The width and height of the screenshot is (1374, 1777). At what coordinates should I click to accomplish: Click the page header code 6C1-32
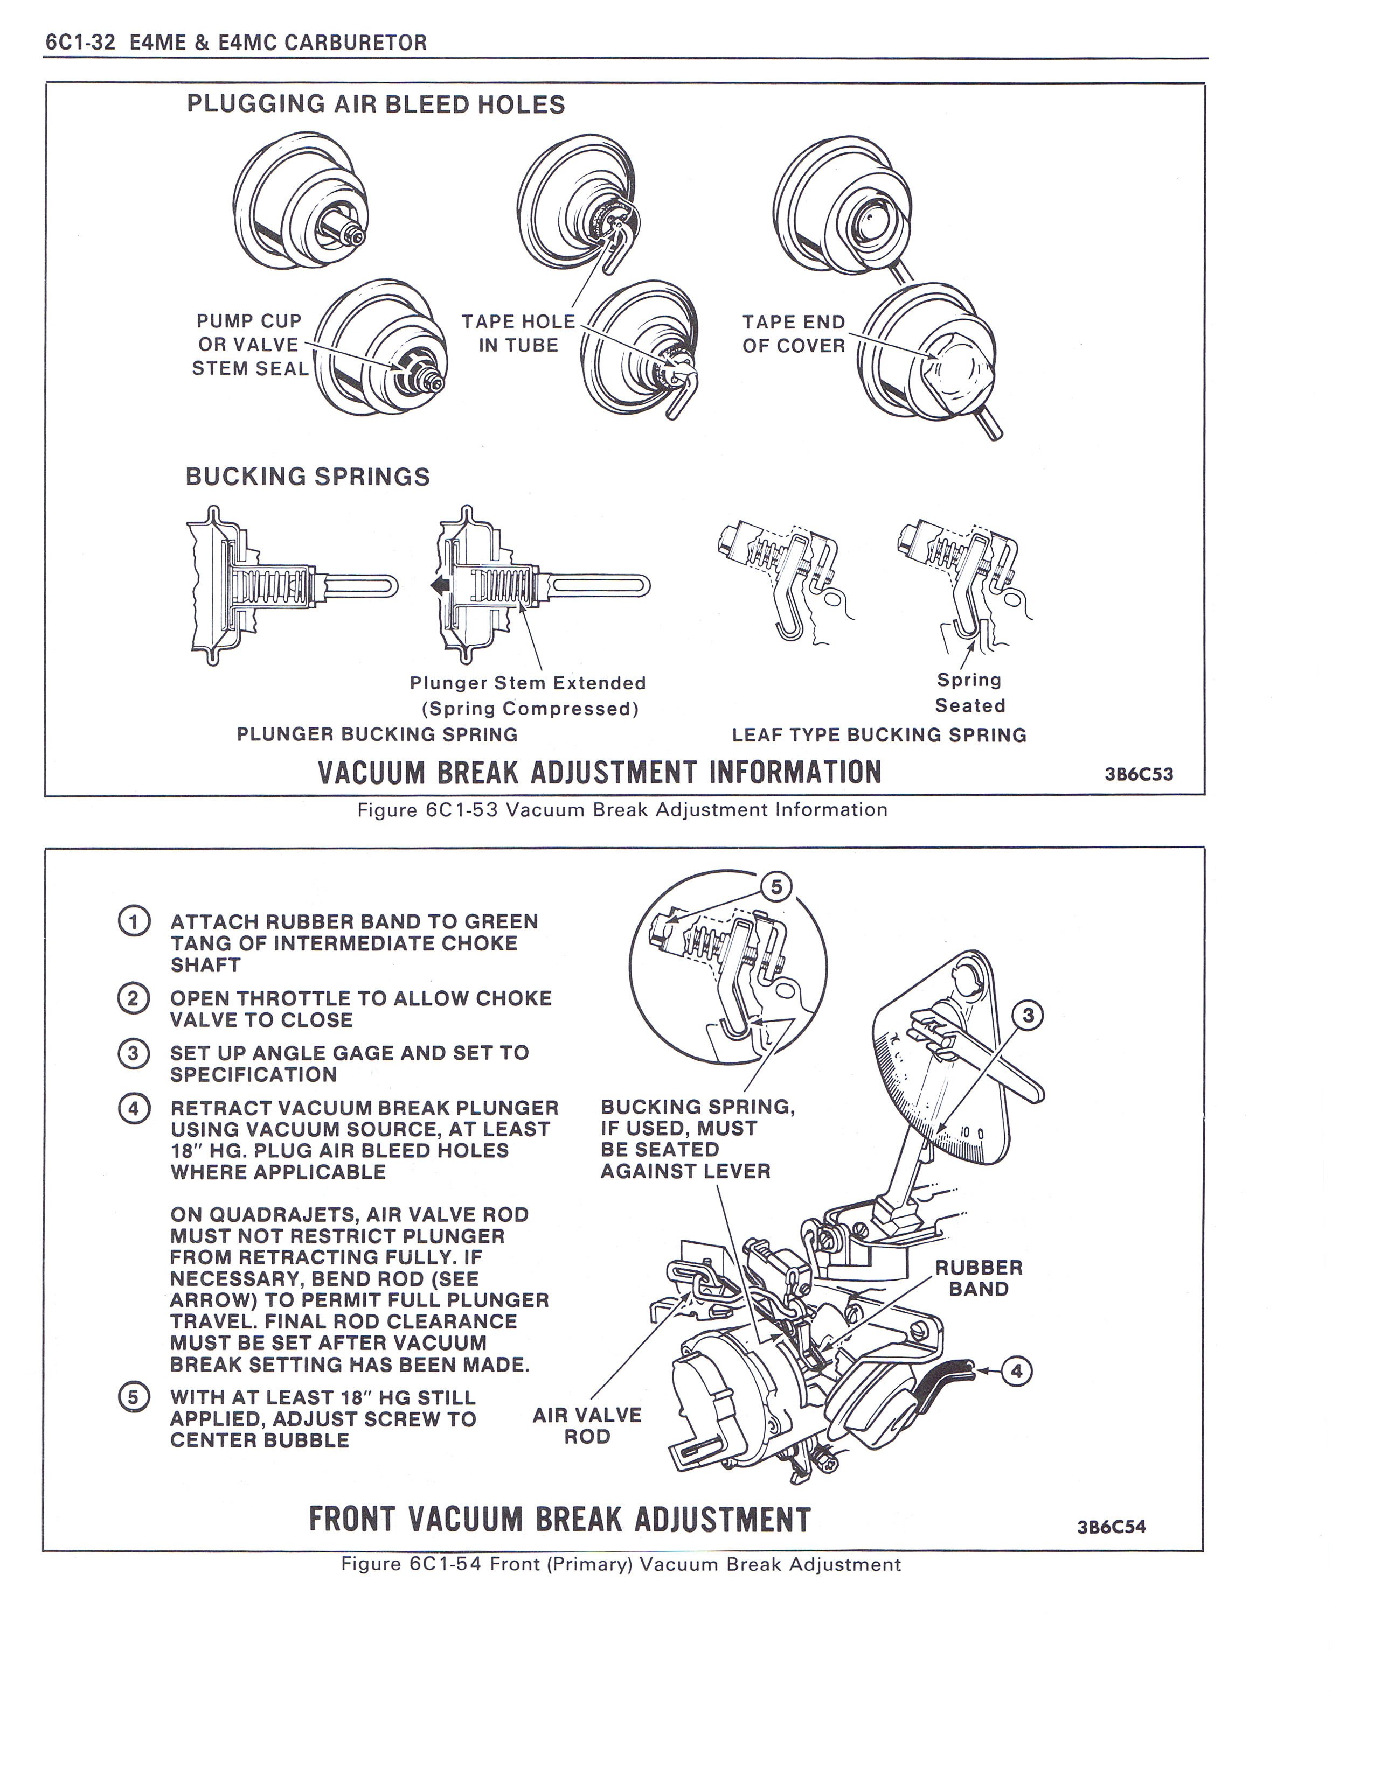pyautogui.click(x=80, y=43)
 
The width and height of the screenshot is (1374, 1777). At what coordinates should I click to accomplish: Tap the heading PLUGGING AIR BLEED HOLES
pyautogui.click(x=375, y=105)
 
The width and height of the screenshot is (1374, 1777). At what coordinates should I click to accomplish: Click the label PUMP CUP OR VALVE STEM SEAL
pyautogui.click(x=249, y=345)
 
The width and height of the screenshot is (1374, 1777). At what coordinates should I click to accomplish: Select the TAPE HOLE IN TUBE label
pyautogui.click(x=518, y=334)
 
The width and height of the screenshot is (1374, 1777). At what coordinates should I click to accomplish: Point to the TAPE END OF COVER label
pyautogui.click(x=794, y=334)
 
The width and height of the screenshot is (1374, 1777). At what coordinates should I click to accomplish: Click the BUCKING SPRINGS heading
pyautogui.click(x=308, y=477)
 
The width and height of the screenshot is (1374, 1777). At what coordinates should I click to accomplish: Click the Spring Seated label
pyautogui.click(x=969, y=692)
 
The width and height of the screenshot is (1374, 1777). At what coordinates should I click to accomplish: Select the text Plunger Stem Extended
pyautogui.click(x=528, y=683)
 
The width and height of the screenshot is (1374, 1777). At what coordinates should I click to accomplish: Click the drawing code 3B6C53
pyautogui.click(x=1138, y=774)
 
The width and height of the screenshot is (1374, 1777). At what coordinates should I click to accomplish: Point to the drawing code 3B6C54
pyautogui.click(x=1111, y=1527)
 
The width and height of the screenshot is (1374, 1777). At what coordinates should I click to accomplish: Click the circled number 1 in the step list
pyautogui.click(x=134, y=922)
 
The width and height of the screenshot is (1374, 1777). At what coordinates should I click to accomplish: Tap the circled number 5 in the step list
pyautogui.click(x=134, y=1397)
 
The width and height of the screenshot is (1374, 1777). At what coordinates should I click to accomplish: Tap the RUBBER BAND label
pyautogui.click(x=979, y=1278)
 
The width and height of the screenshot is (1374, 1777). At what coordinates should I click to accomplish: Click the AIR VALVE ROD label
pyautogui.click(x=587, y=1425)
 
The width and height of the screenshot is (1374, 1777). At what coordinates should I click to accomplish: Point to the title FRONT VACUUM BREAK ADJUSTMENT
pyautogui.click(x=560, y=1519)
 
